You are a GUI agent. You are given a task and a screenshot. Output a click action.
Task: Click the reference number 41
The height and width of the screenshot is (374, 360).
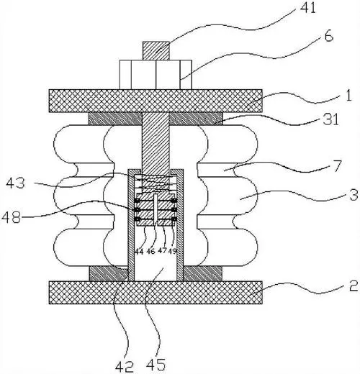tap(308, 9)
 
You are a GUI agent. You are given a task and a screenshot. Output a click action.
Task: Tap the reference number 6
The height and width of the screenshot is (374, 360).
tap(329, 37)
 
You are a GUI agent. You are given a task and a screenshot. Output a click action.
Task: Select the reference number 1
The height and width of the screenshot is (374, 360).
tap(348, 95)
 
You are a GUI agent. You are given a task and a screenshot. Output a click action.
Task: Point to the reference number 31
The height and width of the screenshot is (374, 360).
tap(330, 119)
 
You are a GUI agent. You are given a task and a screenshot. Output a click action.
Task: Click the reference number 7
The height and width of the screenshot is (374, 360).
tap(338, 165)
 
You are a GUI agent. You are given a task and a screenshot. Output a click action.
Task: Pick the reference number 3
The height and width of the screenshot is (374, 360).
tap(354, 194)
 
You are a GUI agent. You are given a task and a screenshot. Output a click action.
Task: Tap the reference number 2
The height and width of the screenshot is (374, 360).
tap(354, 286)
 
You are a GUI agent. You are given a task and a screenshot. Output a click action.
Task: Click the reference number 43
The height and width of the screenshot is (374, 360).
tap(15, 183)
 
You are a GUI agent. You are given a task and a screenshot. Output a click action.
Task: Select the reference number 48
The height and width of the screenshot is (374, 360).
tap(11, 218)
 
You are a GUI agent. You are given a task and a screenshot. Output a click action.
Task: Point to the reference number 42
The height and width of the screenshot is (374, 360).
tap(125, 366)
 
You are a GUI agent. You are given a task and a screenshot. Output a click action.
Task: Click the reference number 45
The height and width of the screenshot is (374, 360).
tap(156, 365)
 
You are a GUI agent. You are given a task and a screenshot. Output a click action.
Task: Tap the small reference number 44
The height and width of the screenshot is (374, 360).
tap(139, 252)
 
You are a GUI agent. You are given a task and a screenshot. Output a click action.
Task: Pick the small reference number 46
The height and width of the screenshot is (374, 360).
tap(150, 251)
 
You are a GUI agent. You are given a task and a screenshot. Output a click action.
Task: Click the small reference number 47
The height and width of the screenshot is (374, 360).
tap(162, 251)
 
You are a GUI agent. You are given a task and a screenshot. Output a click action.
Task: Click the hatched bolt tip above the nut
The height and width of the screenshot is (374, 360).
tap(156, 51)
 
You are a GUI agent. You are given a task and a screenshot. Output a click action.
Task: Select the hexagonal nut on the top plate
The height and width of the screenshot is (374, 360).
tap(156, 75)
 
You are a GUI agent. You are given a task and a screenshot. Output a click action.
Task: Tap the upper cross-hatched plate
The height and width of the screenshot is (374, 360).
tap(156, 101)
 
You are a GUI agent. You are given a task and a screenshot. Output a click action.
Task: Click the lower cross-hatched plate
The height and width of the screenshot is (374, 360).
tap(156, 293)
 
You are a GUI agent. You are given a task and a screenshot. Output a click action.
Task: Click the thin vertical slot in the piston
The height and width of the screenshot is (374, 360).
tap(156, 208)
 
